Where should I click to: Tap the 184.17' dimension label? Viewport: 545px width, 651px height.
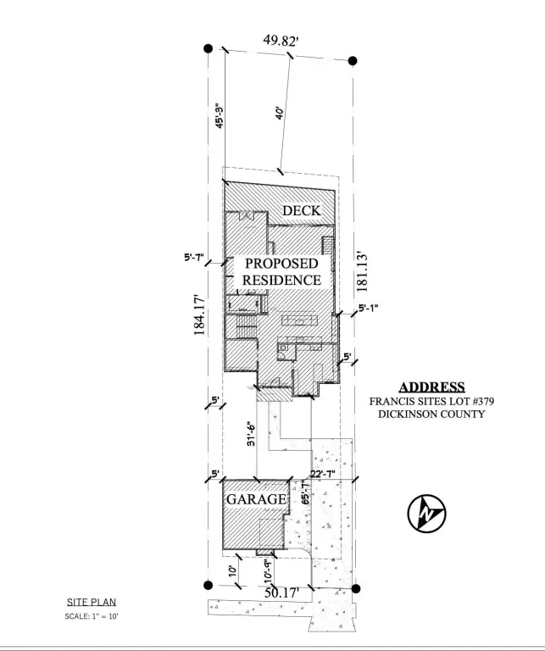coord(201,315)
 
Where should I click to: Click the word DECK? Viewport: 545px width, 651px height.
coord(302,210)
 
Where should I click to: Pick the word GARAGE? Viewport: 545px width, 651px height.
coord(256,499)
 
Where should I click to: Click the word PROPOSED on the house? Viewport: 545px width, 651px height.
coord(281,264)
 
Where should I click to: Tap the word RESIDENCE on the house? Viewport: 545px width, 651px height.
coord(281,279)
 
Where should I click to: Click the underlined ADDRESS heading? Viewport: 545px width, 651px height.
coord(432,387)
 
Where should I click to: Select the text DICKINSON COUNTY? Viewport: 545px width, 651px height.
coord(432,415)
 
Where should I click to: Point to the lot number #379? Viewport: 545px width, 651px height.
coord(469,401)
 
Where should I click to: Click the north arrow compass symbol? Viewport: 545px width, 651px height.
coord(428,512)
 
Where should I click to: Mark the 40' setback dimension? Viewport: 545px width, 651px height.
coord(279,114)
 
